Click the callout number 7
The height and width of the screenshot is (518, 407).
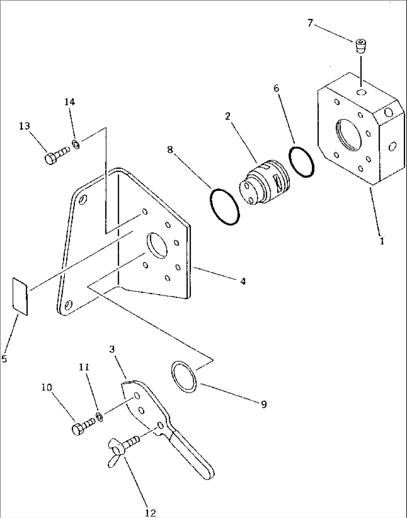click(x=310, y=24)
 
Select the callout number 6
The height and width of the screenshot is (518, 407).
click(x=276, y=88)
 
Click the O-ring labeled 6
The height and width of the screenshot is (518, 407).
click(x=301, y=162)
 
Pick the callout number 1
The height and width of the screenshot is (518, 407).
click(x=382, y=241)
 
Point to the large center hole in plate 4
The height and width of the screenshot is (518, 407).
click(x=157, y=245)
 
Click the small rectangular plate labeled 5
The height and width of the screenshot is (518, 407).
click(x=20, y=297)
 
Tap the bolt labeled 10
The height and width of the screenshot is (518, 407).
click(x=83, y=427)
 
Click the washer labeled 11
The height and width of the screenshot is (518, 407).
click(x=100, y=417)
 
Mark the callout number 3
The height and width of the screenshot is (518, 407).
click(x=112, y=349)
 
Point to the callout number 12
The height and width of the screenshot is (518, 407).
click(x=150, y=512)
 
